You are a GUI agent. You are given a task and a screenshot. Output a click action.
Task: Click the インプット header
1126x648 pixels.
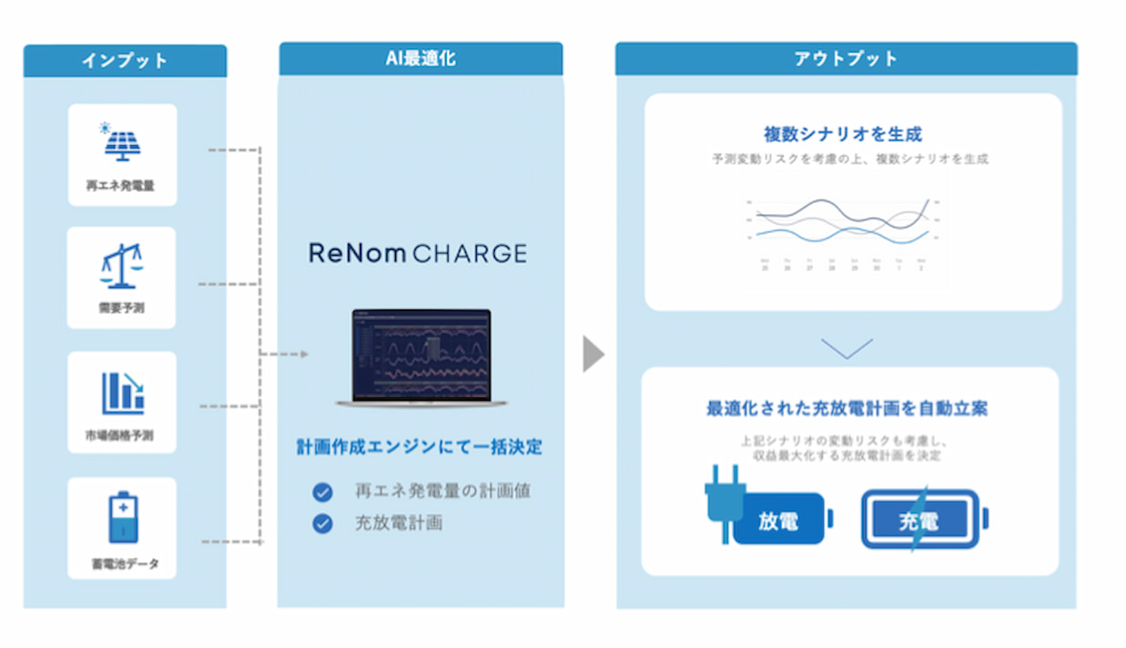click(124, 61)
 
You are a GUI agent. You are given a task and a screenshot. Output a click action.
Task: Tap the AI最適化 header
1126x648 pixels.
click(420, 59)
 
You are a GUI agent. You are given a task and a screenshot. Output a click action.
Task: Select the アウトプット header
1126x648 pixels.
click(845, 59)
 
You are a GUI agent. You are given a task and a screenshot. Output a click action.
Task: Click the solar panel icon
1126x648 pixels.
click(122, 142)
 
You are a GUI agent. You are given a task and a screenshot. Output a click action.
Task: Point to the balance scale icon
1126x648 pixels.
click(122, 265)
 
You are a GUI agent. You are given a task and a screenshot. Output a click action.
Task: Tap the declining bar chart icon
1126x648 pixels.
click(123, 393)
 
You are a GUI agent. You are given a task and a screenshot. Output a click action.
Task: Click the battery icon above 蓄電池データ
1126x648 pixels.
click(122, 517)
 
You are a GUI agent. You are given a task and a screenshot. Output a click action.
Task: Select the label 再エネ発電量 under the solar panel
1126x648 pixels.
click(122, 187)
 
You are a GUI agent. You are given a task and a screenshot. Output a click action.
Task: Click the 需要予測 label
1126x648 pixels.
click(122, 309)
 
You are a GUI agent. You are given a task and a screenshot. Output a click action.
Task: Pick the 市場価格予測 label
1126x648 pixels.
click(122, 436)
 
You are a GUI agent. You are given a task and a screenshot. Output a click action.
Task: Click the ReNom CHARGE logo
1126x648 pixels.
click(418, 253)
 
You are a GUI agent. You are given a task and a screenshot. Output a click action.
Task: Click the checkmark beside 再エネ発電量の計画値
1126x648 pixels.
click(322, 492)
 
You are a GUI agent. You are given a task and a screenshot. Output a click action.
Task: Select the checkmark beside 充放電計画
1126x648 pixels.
click(322, 524)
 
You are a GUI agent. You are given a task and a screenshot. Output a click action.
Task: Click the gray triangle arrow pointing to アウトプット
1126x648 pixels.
click(593, 354)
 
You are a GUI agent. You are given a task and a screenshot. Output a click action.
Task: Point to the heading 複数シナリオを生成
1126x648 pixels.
click(843, 134)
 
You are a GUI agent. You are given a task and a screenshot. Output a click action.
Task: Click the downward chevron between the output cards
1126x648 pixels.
click(846, 348)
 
